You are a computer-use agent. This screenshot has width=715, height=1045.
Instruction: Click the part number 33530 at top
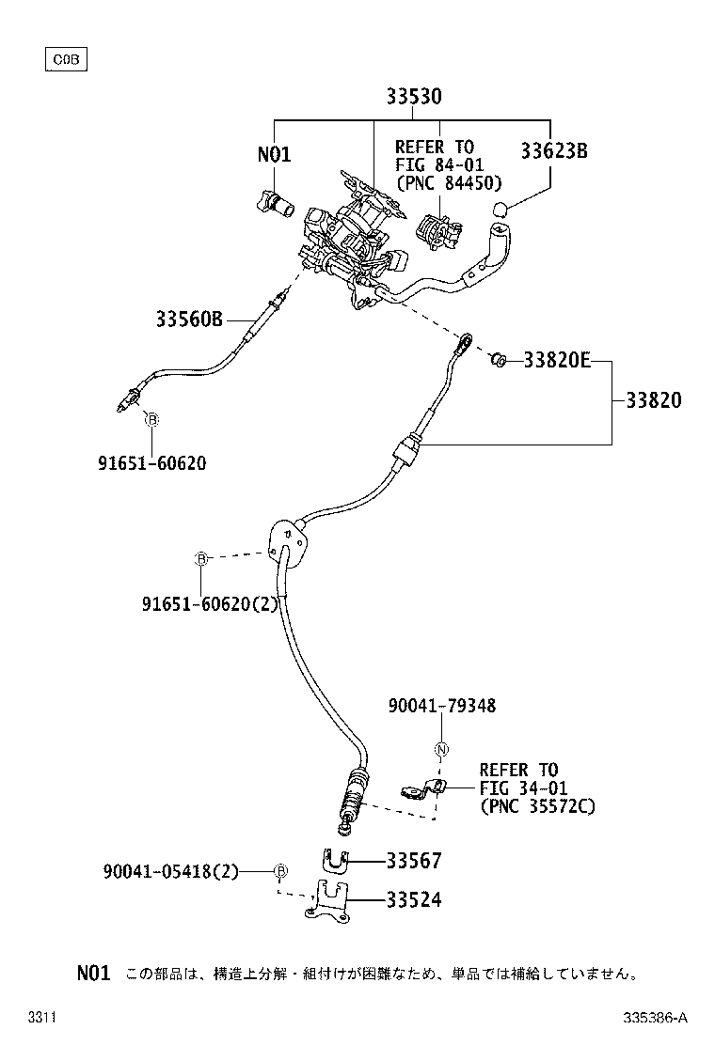coord(414,97)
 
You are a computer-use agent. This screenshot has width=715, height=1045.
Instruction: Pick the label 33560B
coord(190,320)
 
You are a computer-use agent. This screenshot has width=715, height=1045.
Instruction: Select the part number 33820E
coord(557,360)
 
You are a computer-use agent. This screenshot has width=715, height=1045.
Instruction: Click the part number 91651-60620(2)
coord(211,604)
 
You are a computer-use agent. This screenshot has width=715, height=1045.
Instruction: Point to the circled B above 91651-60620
coord(151,420)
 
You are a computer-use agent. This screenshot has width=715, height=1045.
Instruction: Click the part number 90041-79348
coord(441,706)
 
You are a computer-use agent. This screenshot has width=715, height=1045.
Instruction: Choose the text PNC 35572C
coord(537,806)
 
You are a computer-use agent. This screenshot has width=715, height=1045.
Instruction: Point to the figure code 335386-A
coord(655,1018)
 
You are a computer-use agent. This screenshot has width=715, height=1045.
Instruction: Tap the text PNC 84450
coord(449,182)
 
